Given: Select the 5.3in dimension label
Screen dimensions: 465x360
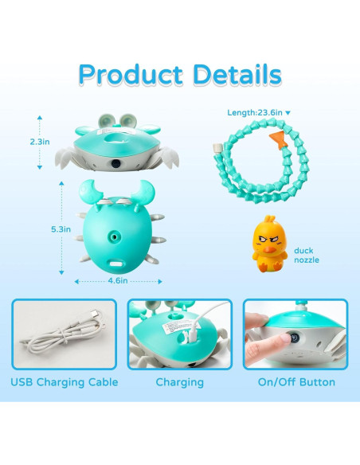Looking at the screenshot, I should pos(61,229).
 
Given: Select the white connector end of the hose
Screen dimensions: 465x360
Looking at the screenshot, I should pos(217,148).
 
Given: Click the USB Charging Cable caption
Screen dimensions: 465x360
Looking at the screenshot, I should pos(65,382).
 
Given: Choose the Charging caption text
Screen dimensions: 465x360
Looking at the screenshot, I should pos(180,382).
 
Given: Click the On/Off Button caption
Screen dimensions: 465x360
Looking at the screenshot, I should pos(296,382).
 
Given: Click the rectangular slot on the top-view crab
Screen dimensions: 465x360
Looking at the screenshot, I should pos(120,263).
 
